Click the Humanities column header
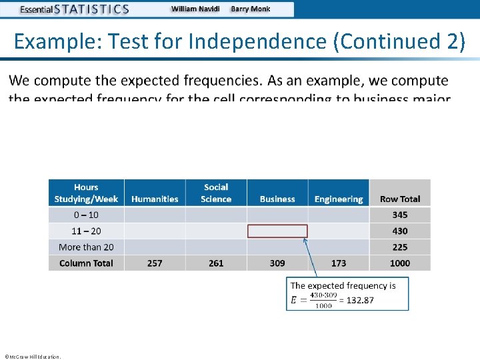[x=155, y=199]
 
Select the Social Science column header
[x=216, y=193]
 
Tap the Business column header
[x=277, y=199]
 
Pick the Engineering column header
[x=339, y=199]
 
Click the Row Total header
[x=400, y=199]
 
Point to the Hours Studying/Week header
[x=86, y=193]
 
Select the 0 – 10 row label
[x=86, y=215]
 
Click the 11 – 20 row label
[x=86, y=231]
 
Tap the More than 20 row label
[x=86, y=247]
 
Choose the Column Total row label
[x=86, y=263]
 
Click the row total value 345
[x=400, y=215]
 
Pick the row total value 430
[x=400, y=231]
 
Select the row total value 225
[x=400, y=247]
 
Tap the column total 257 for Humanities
[x=155, y=263]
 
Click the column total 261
[x=216, y=263]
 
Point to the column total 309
[x=277, y=263]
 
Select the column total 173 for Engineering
[x=339, y=263]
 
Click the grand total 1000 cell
[x=400, y=263]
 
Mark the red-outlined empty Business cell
[x=277, y=231]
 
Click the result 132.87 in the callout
[x=360, y=300]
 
